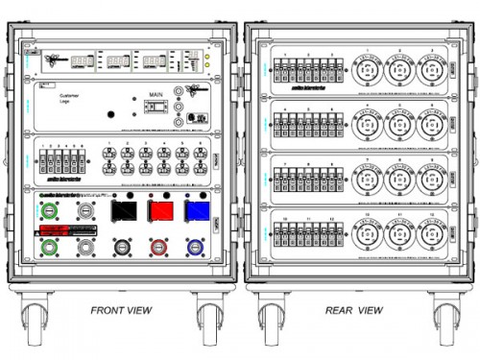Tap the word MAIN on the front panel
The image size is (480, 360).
(x=156, y=94)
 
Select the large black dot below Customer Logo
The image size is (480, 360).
(x=108, y=115)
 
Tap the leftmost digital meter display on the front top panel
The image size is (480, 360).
(x=84, y=60)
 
